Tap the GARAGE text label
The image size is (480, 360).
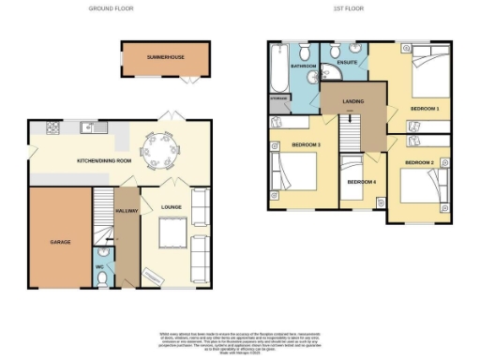(x=61, y=241)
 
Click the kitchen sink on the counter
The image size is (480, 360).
(x=85, y=127)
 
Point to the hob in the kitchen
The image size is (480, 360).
(x=44, y=127)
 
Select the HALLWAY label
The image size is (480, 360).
(x=127, y=212)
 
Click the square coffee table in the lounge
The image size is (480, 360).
(x=172, y=230)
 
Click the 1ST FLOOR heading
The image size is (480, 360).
(x=350, y=7)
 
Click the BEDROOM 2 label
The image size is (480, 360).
(x=418, y=162)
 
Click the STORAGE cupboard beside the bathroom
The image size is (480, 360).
(x=278, y=98)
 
